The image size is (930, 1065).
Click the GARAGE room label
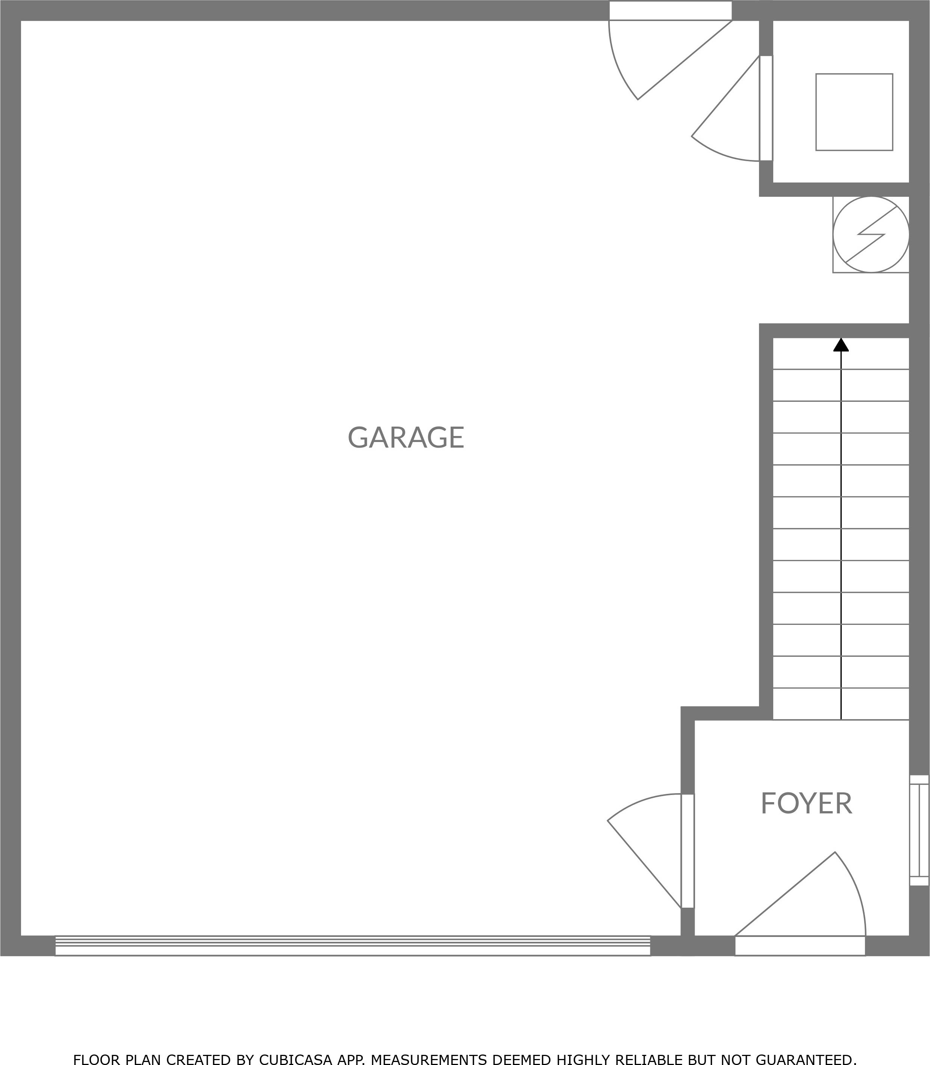(406, 437)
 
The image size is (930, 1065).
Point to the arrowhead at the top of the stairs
(841, 345)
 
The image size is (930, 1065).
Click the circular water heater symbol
(871, 234)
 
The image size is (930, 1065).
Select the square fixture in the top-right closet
(854, 112)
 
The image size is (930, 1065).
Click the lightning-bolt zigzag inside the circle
(871, 234)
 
